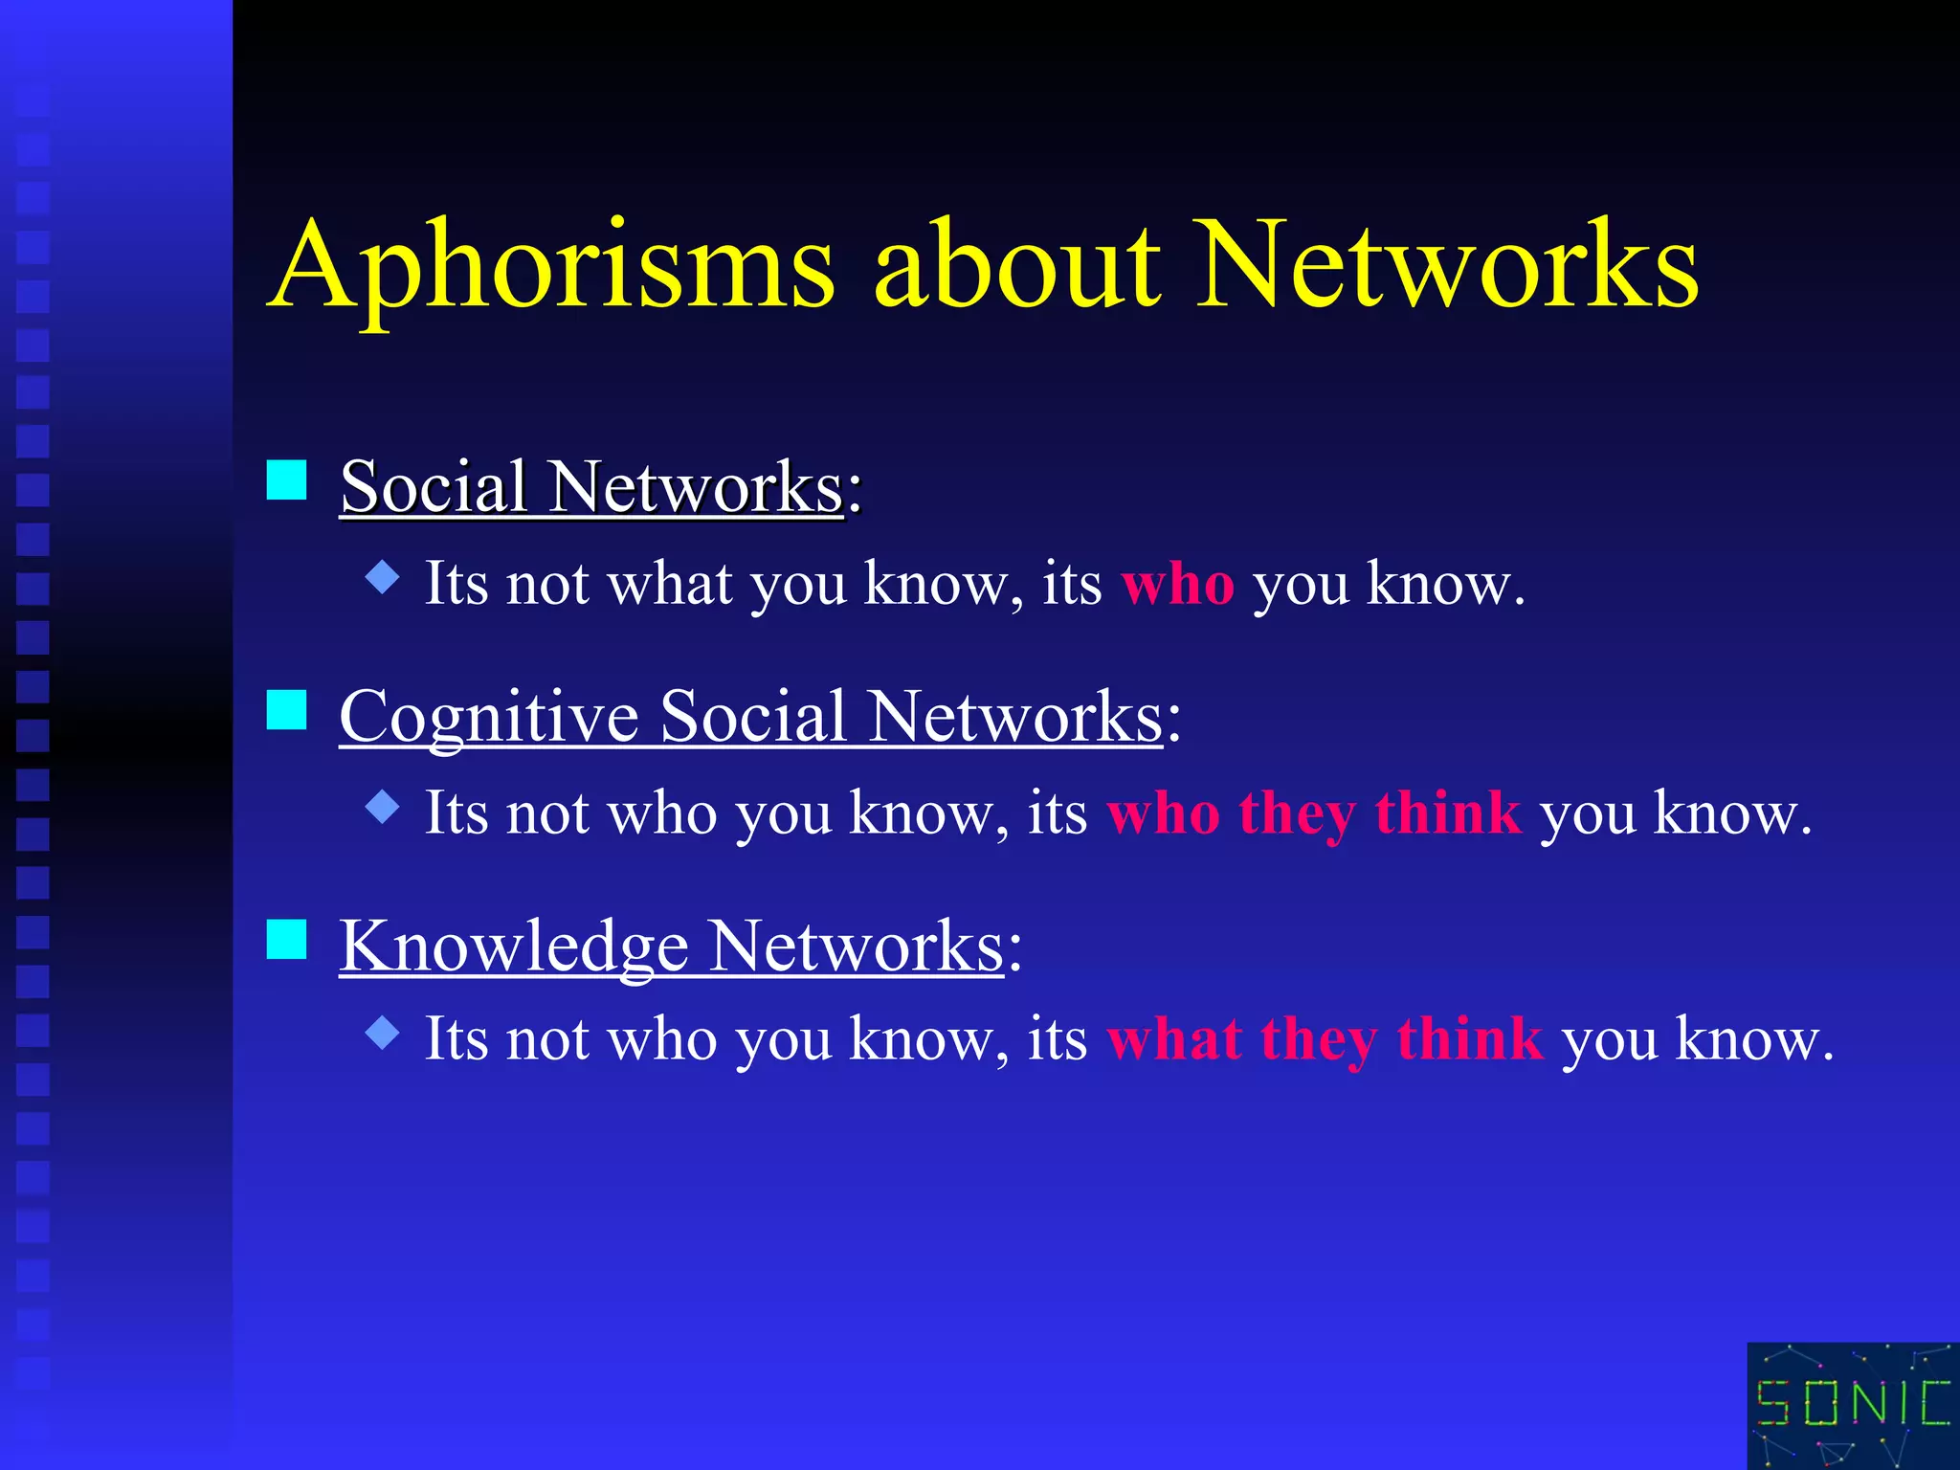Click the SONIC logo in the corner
[1853, 1405]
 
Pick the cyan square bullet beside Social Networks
[286, 479]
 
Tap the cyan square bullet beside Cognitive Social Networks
[286, 710]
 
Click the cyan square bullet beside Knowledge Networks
[286, 939]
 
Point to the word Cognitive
[489, 718]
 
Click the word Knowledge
[514, 947]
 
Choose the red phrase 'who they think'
[1313, 814]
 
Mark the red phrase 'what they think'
[1325, 1040]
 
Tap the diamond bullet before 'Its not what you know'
[383, 577]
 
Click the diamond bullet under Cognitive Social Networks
[383, 807]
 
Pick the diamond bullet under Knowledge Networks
[383, 1033]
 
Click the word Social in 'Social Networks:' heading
[434, 487]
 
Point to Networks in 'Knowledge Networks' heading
[857, 947]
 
